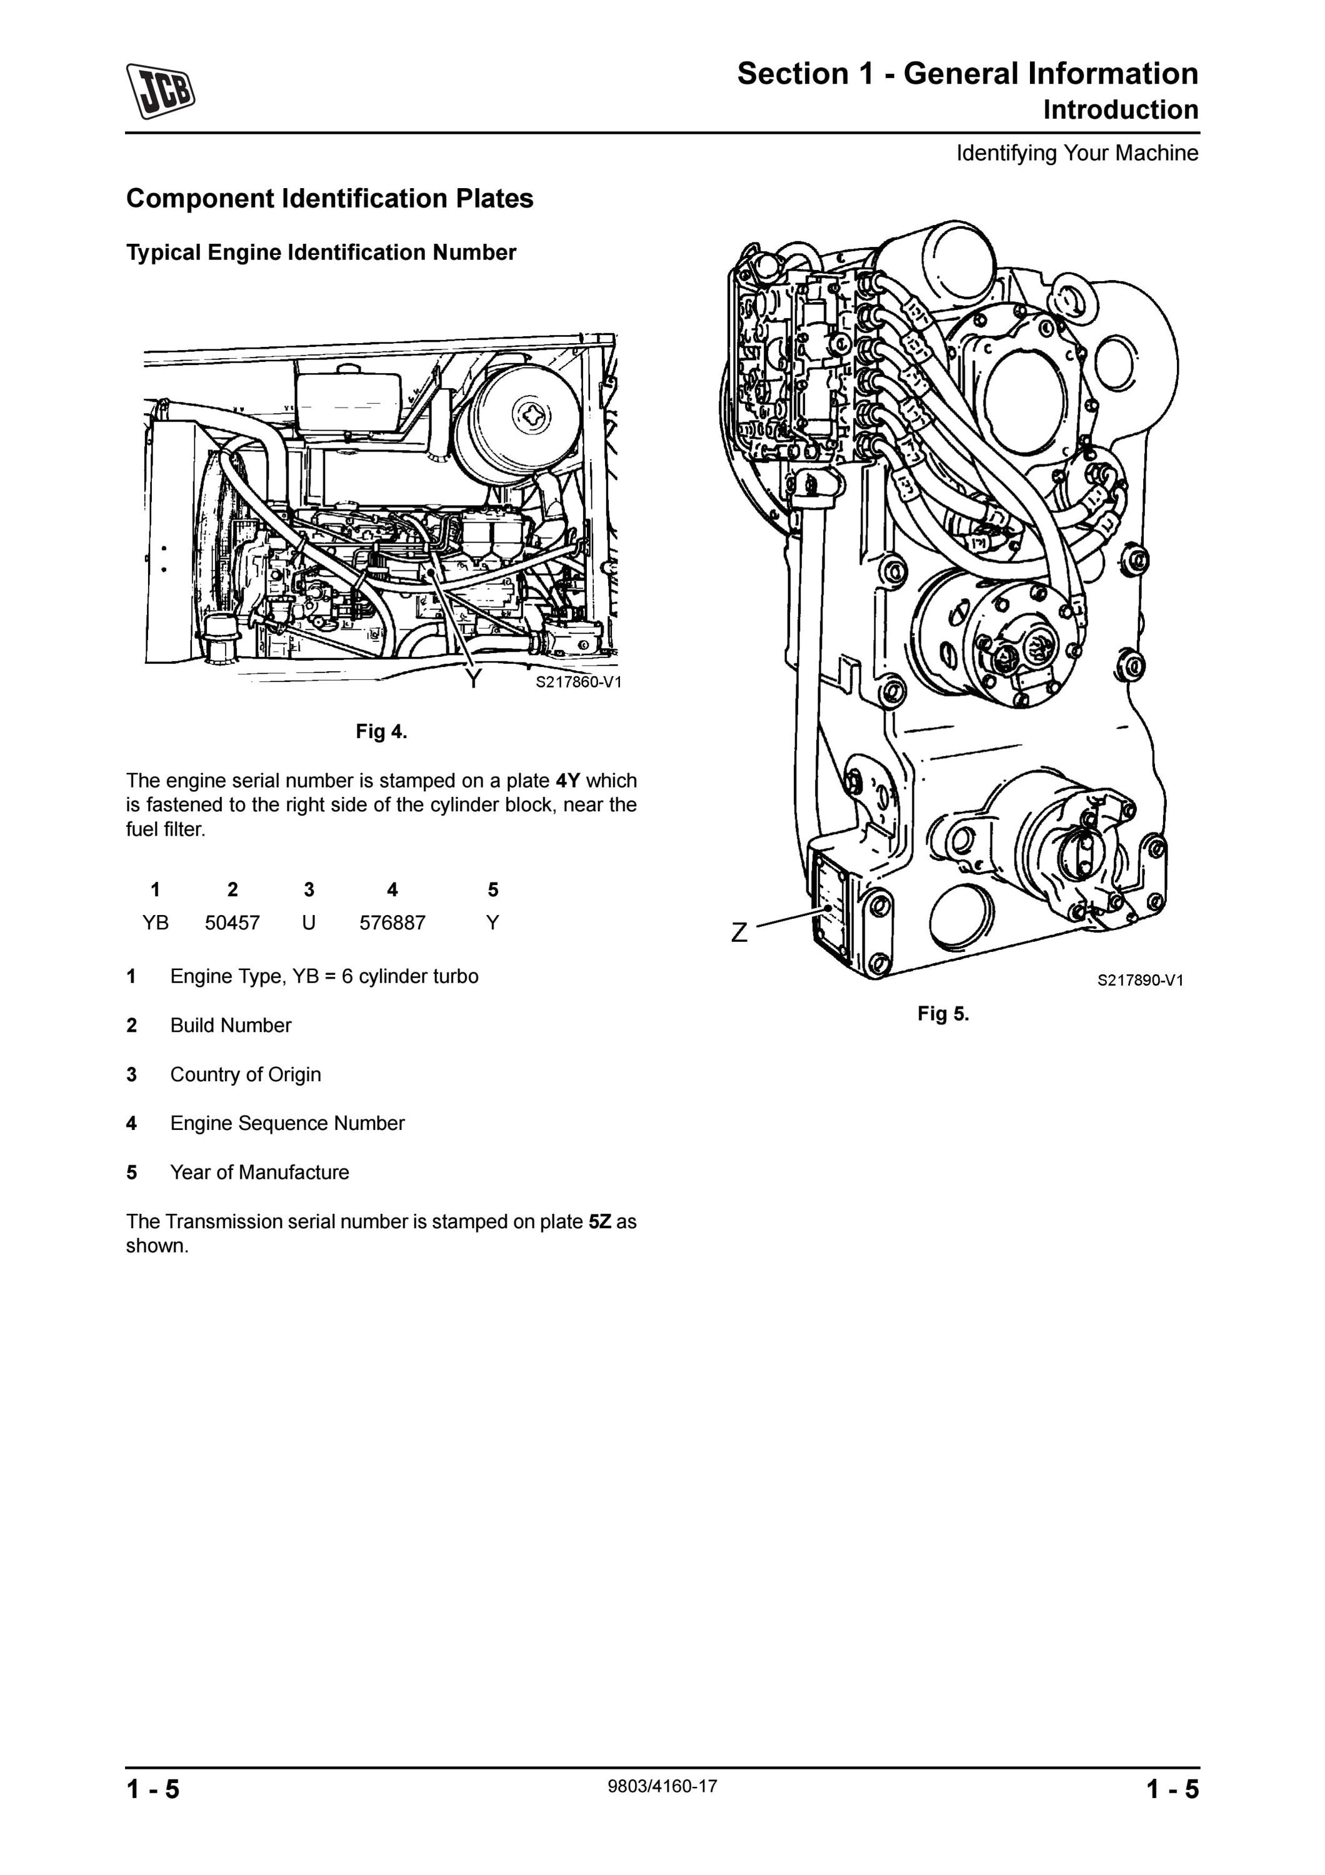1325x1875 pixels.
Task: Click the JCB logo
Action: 161,91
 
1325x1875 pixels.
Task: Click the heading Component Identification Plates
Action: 330,199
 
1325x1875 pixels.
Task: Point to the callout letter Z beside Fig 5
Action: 739,932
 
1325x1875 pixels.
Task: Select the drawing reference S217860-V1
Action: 578,682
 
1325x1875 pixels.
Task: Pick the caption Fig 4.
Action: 381,732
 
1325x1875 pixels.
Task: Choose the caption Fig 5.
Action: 943,1014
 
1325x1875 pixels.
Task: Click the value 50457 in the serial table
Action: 232,922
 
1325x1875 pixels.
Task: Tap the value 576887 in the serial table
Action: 392,922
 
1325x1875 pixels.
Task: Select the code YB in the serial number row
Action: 155,922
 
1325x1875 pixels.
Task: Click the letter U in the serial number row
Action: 309,922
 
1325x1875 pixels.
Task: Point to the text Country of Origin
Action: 246,1075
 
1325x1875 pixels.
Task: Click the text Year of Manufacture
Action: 259,1172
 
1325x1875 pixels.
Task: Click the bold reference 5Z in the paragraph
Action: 600,1222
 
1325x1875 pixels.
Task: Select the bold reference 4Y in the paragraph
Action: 568,781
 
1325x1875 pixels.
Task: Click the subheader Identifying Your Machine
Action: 1077,154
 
